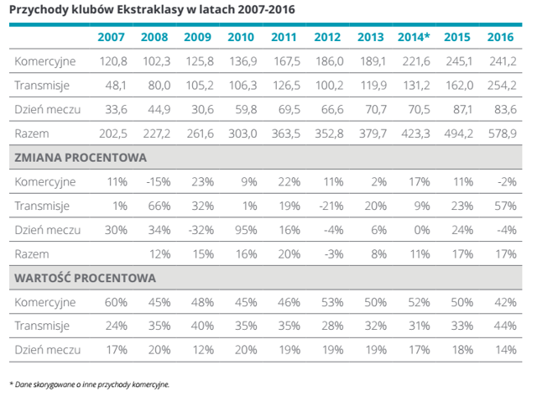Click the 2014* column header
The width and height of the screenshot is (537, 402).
point(414,37)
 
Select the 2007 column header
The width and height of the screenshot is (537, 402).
point(111,37)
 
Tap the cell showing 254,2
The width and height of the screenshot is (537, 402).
point(502,85)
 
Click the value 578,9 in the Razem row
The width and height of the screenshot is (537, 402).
point(502,133)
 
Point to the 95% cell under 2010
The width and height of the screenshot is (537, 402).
point(246,230)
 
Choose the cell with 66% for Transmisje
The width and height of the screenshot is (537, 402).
point(159,206)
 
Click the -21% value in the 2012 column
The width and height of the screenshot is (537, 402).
point(331,206)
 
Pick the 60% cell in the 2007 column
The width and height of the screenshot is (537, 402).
point(116,302)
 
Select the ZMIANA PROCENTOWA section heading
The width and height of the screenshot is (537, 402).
point(81,158)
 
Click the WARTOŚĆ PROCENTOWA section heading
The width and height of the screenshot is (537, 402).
point(85,278)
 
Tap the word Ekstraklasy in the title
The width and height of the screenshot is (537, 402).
point(150,9)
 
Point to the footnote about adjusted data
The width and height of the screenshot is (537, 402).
point(90,384)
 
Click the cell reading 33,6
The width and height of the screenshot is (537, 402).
point(116,109)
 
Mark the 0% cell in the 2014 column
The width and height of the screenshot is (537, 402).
point(421,230)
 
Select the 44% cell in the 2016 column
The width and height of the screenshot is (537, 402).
point(505,326)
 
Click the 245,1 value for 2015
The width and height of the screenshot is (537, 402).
point(459,61)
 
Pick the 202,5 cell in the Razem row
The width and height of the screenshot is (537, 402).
point(113,133)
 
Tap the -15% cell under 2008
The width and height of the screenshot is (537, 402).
point(159,181)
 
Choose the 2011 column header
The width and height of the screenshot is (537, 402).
point(284,37)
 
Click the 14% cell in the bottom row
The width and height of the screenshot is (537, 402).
point(506,350)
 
